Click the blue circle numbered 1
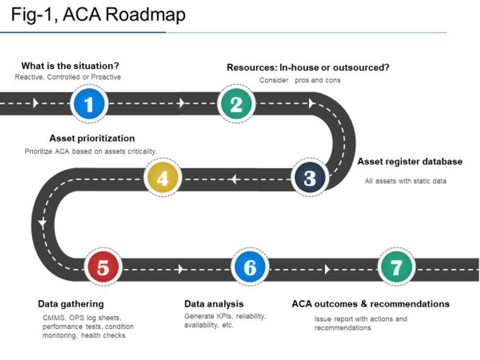point(89,104)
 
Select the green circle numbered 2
point(236,104)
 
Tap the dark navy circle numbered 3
point(310,178)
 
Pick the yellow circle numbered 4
point(163,178)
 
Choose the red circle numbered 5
point(103,268)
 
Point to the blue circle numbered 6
point(250,268)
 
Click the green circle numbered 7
point(396,268)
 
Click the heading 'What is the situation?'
point(70,66)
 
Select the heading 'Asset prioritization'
point(92,139)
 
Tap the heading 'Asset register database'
point(409,162)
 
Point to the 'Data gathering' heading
point(71,304)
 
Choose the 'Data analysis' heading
point(214,304)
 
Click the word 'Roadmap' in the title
point(145,15)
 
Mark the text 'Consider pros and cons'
point(300,80)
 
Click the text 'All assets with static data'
point(406,181)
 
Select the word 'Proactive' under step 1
point(106,77)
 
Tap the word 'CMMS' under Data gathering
point(52,317)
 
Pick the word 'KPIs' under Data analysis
point(222,316)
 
